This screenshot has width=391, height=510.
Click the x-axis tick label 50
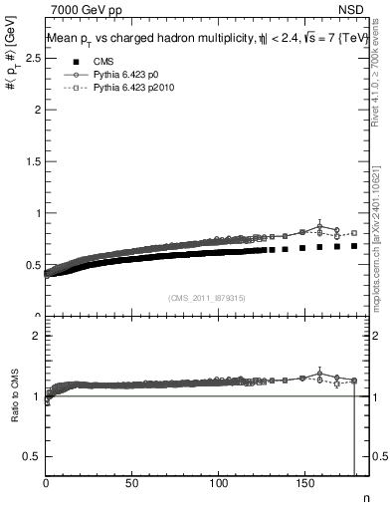pos(131,485)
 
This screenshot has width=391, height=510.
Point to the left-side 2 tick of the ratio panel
pos(37,336)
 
